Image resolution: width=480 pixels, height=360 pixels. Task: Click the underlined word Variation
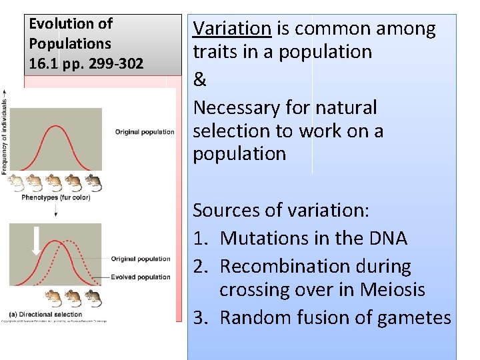coord(232,29)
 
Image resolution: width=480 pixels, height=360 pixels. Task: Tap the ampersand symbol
coord(199,80)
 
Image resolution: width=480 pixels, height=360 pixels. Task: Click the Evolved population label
coord(141,277)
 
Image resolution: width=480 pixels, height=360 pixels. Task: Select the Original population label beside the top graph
coord(145,132)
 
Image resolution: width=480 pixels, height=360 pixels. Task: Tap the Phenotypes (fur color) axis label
coord(55,197)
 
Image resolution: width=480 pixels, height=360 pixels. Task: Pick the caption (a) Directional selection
coord(46,314)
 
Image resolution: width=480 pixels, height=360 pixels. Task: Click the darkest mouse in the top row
coord(93,182)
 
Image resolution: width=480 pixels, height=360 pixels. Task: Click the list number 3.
coord(199,318)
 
